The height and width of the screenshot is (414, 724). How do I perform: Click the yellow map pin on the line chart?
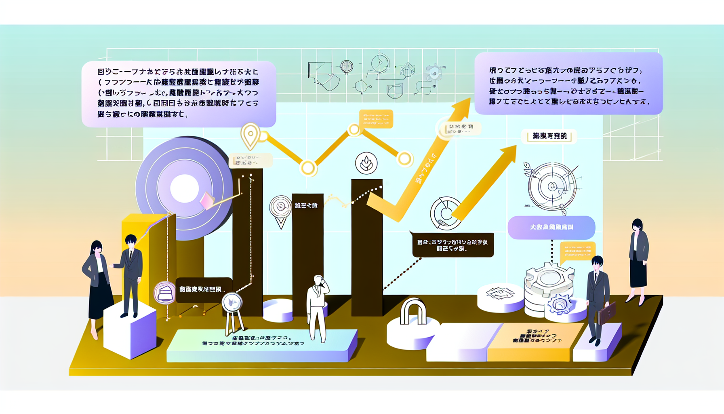250,135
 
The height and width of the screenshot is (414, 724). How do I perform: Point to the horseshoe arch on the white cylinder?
413,312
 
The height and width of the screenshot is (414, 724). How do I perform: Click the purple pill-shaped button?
551,227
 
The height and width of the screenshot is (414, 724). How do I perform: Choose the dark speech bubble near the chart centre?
452,245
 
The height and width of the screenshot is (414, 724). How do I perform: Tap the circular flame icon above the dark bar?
366,163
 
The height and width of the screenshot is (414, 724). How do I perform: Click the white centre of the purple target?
185,188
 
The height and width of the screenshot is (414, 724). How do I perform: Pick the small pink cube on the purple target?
207,200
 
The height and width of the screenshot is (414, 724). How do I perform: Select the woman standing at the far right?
638,259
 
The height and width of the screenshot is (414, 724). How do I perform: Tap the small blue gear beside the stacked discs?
560,304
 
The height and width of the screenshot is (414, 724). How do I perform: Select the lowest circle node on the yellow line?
308,168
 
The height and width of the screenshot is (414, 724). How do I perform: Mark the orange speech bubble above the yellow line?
376,119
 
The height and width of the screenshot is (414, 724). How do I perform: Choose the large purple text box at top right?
568,83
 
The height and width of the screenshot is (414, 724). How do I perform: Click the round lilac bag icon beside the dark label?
164,292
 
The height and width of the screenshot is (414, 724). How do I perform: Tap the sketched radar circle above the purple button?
551,186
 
